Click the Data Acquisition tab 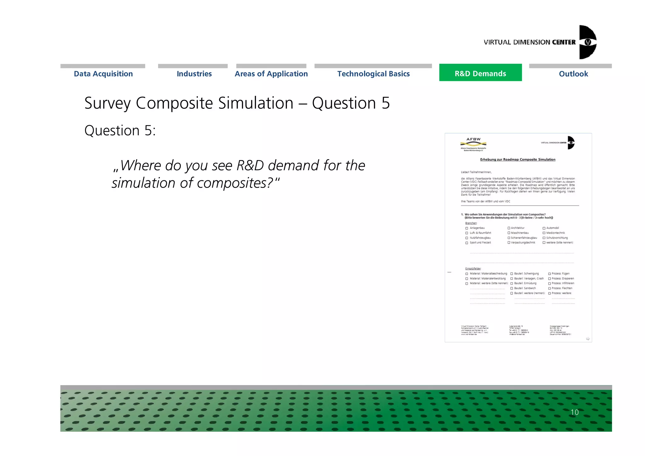pyautogui.click(x=103, y=74)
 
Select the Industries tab pyautogui.click(x=194, y=74)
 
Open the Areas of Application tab pyautogui.click(x=271, y=74)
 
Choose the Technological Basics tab pyautogui.click(x=374, y=74)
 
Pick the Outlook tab pyautogui.click(x=573, y=74)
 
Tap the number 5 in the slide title pyautogui.click(x=386, y=103)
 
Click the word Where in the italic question pyautogui.click(x=140, y=165)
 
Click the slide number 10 pyautogui.click(x=574, y=412)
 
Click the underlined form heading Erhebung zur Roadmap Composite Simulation pyautogui.click(x=517, y=159)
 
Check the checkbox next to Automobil pyautogui.click(x=544, y=228)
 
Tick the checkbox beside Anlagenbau pyautogui.click(x=467, y=228)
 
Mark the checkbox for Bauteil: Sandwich pyautogui.click(x=511, y=288)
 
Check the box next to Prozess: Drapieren pyautogui.click(x=550, y=279)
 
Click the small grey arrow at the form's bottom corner pyautogui.click(x=588, y=339)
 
